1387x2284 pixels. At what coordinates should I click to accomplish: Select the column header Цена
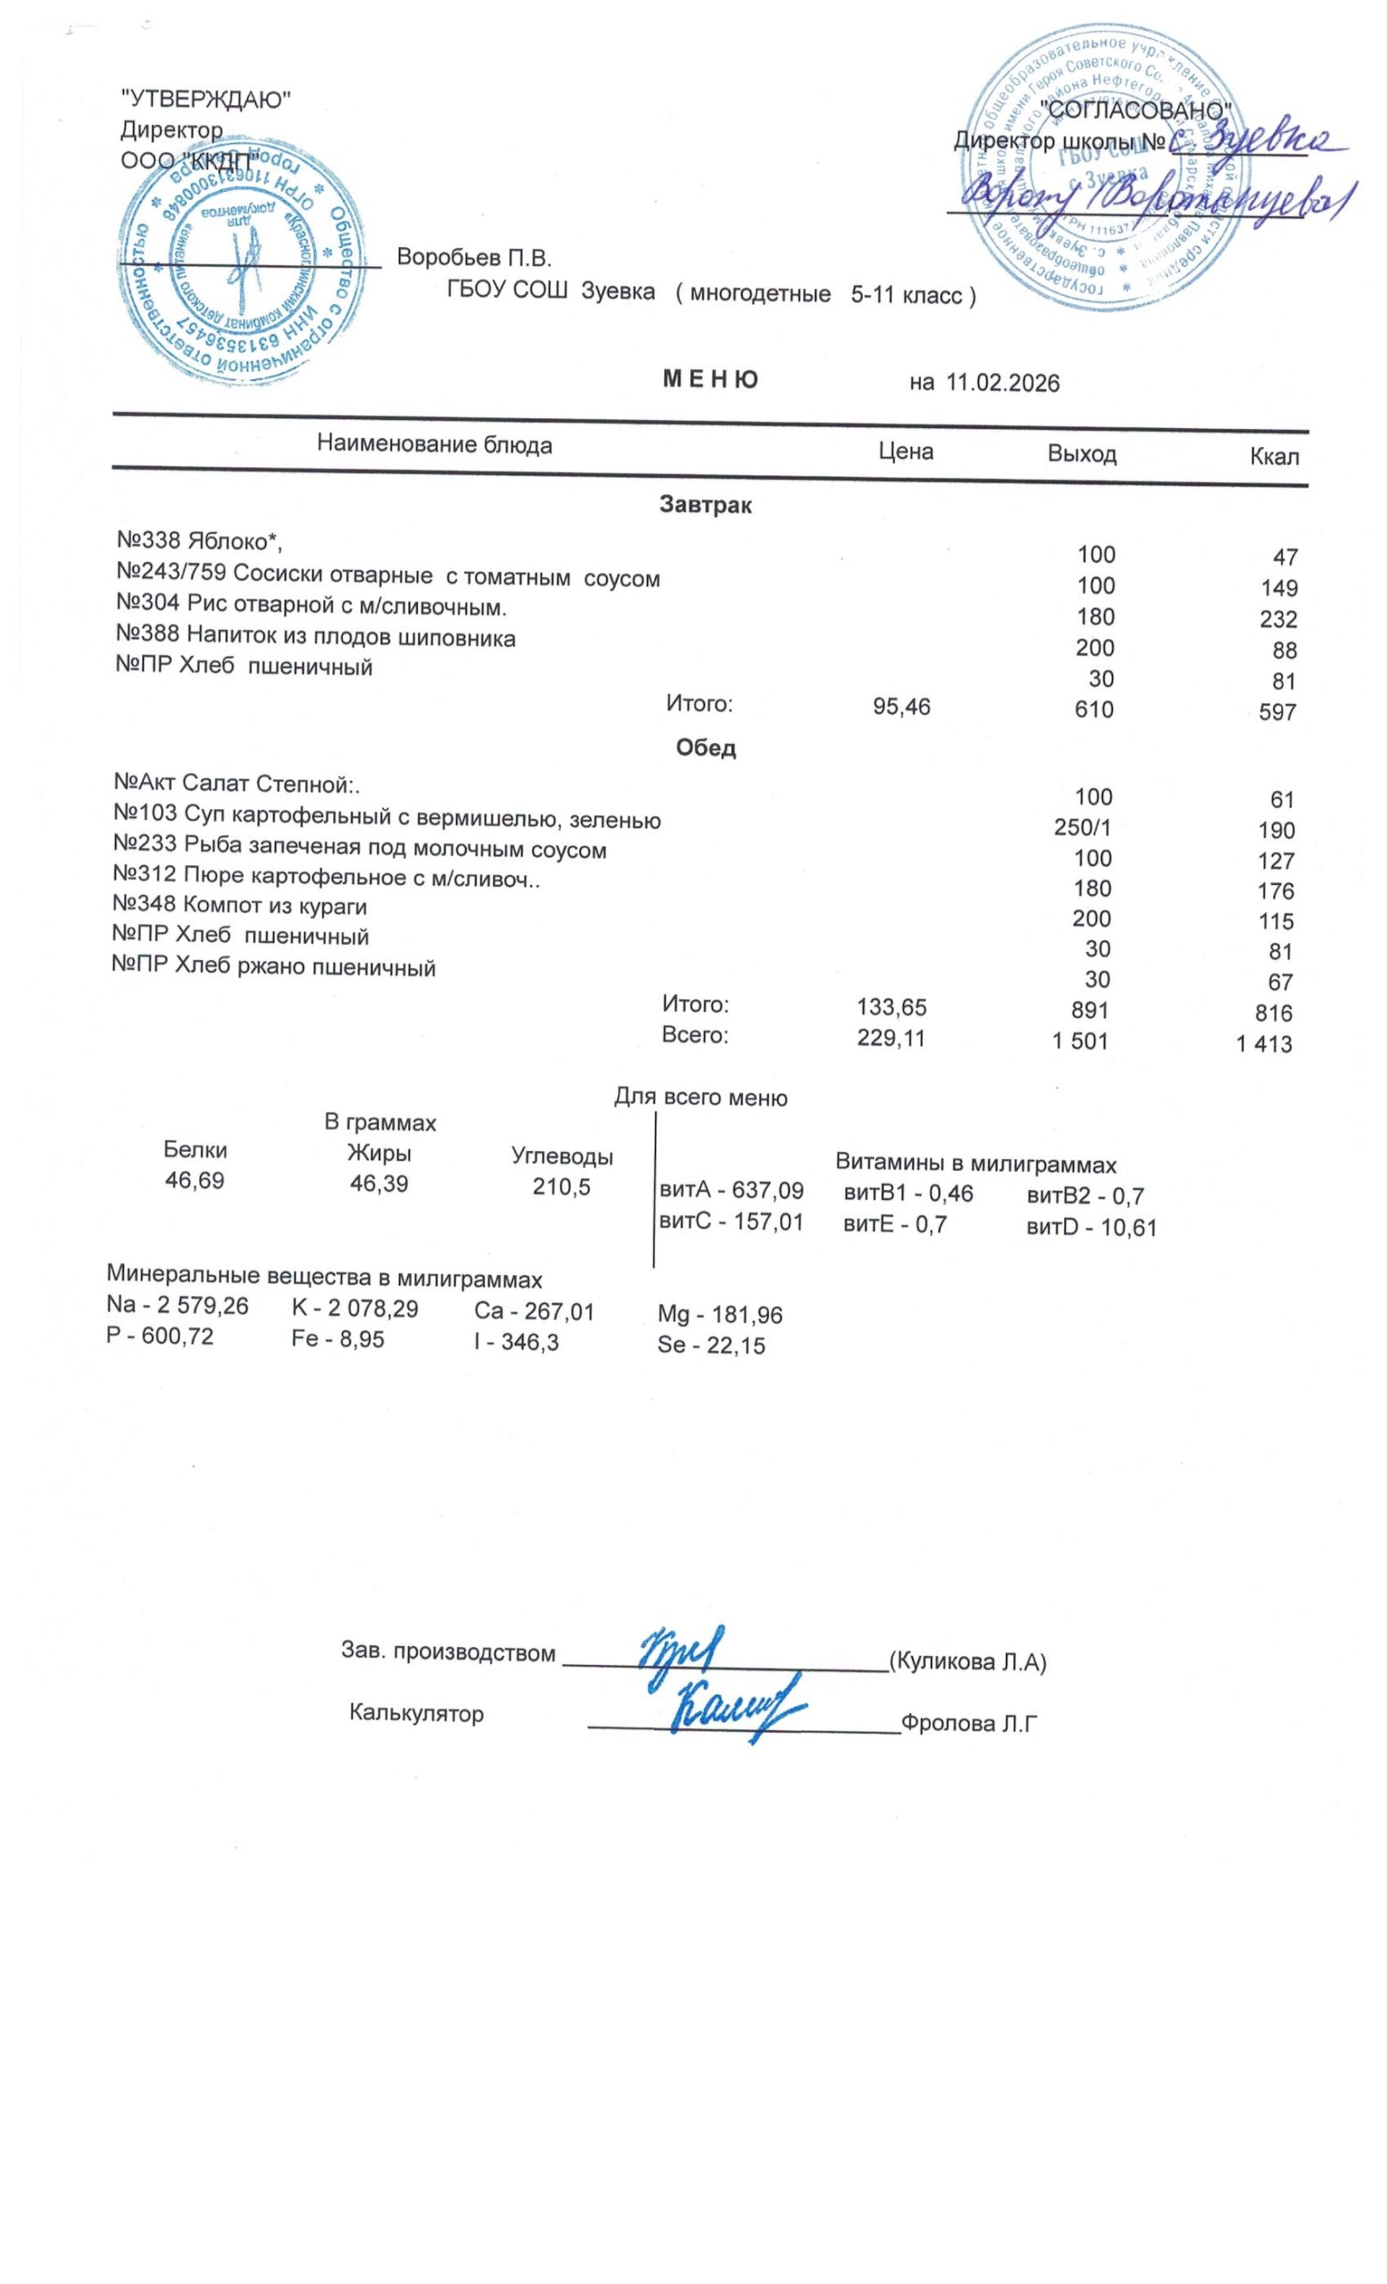(905, 451)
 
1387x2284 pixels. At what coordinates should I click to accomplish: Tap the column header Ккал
(1274, 456)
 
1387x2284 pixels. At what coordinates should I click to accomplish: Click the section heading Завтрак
(706, 505)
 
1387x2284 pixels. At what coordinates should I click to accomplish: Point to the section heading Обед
(706, 748)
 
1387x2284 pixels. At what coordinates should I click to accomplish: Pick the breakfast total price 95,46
(901, 708)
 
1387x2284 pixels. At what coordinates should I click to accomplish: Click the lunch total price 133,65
(892, 1006)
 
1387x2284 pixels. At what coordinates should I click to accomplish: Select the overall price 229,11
(891, 1039)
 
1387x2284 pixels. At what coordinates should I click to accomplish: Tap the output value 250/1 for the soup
(1082, 827)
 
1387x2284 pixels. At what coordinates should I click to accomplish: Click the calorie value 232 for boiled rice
(1277, 619)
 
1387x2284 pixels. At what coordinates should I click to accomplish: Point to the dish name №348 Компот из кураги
(239, 906)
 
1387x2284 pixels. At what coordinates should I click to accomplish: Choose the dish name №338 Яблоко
(198, 540)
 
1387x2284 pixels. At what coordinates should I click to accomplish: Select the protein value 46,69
(195, 1181)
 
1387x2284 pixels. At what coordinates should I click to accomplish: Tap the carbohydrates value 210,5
(561, 1187)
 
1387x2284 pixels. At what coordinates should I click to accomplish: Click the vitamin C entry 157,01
(730, 1221)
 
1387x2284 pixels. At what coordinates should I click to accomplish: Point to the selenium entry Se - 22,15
(711, 1345)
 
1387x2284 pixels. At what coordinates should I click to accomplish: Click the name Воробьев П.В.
(474, 257)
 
